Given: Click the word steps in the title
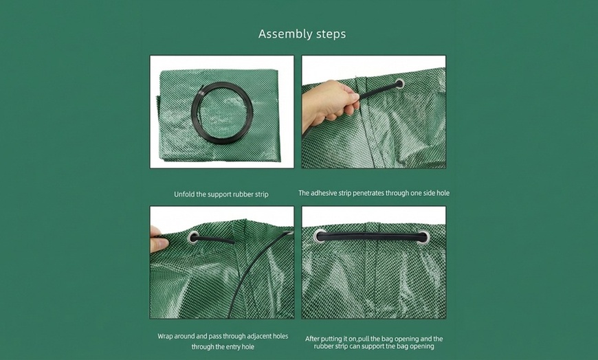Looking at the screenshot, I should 329,34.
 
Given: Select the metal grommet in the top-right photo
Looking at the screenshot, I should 399,84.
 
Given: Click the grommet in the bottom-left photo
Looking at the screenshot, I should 193,238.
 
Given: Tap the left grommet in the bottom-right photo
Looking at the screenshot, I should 320,236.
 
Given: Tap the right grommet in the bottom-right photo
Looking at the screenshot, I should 422,237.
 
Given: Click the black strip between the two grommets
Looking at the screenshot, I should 371,236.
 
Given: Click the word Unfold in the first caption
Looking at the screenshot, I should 185,194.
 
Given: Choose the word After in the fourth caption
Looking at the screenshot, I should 314,339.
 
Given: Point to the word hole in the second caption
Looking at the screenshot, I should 443,193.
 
